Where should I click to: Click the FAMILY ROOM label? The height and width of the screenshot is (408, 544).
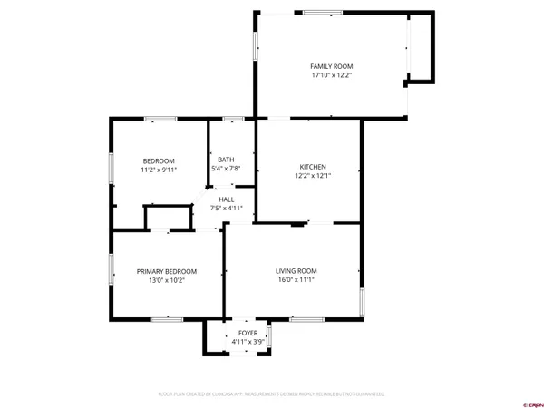click(331, 66)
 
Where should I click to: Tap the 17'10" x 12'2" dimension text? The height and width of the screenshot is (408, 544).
click(331, 76)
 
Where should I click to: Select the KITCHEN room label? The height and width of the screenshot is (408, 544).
click(313, 167)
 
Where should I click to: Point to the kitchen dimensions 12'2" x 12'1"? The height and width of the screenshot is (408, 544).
click(313, 177)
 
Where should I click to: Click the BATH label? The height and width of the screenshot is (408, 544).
click(226, 160)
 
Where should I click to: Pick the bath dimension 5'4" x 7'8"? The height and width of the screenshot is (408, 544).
click(226, 170)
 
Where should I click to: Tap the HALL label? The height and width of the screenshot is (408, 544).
click(226, 199)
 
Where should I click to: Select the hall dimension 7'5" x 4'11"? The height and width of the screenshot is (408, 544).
click(226, 209)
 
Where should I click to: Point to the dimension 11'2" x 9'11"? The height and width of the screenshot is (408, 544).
click(158, 170)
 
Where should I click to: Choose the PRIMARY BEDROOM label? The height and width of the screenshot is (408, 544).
click(166, 270)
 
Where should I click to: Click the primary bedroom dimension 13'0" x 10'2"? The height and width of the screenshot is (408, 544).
click(166, 280)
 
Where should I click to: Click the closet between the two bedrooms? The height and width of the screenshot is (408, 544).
click(170, 219)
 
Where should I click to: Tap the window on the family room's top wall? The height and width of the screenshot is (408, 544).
click(316, 12)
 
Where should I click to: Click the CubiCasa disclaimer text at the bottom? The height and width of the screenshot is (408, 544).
click(271, 394)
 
